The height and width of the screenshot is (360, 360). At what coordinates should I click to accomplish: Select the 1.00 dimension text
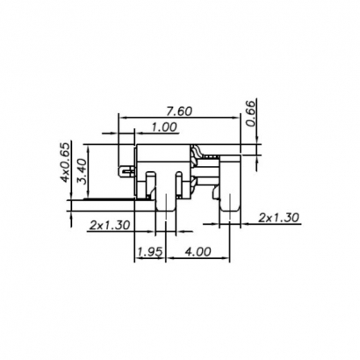click(164, 127)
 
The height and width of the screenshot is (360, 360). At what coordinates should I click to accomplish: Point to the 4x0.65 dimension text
click(64, 163)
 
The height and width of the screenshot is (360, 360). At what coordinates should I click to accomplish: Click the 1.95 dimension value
click(149, 252)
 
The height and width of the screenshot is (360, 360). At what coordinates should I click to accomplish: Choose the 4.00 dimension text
click(199, 252)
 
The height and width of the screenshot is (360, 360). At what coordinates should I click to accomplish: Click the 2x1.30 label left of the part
click(110, 225)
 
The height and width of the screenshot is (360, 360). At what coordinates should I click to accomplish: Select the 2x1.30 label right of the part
click(280, 216)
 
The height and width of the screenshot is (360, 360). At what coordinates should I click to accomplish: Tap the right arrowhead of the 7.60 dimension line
click(238, 119)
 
